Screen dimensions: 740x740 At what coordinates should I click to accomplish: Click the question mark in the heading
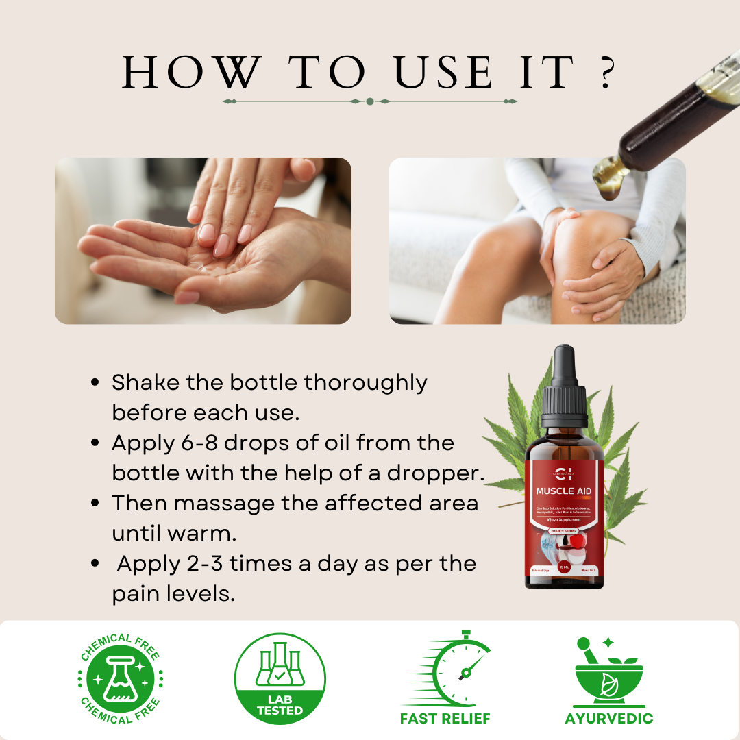click(x=605, y=72)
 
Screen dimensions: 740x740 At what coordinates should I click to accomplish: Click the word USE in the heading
click(x=444, y=72)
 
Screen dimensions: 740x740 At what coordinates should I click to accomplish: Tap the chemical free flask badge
click(x=120, y=678)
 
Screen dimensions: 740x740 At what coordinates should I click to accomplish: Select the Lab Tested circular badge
click(x=280, y=678)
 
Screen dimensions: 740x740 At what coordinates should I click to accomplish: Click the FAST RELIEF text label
click(x=445, y=719)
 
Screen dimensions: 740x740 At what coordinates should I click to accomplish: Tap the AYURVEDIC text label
click(x=609, y=719)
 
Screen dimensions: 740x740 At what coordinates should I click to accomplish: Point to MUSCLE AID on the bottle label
click(x=565, y=491)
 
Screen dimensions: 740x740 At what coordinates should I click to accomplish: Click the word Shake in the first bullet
click(x=146, y=382)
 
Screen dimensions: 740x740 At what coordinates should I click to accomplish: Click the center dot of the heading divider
click(x=370, y=101)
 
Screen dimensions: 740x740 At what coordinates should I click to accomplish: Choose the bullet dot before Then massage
click(x=97, y=504)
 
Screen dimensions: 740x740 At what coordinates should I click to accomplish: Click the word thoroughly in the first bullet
click(x=365, y=382)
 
